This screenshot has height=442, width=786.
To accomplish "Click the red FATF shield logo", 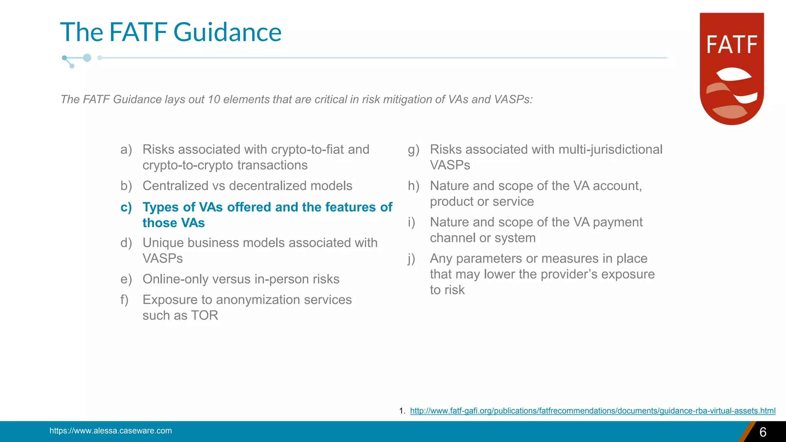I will click(732, 69).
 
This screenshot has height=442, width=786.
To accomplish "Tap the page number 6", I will click(763, 432).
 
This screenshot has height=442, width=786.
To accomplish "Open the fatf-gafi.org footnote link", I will click(593, 411).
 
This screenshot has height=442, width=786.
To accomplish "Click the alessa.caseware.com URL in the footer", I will click(111, 431).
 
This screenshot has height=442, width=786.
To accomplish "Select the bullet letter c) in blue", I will click(126, 207).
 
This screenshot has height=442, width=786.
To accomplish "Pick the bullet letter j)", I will click(411, 259).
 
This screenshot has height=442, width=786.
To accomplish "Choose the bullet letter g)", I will click(413, 150).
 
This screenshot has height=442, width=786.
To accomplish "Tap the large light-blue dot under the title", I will click(87, 58).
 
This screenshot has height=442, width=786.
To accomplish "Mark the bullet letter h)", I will click(413, 186).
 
